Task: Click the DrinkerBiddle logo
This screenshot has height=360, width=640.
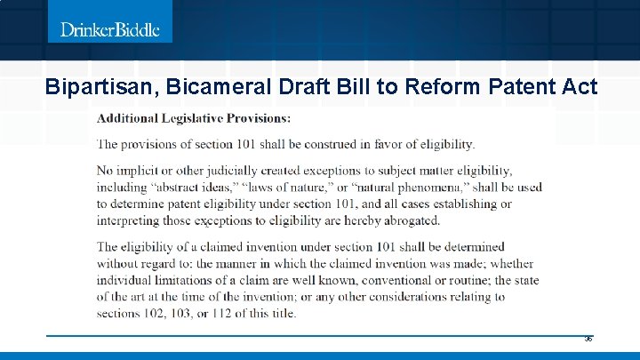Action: click(110, 29)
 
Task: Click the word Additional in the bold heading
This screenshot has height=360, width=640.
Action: click(127, 117)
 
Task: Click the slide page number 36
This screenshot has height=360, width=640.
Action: click(588, 340)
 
